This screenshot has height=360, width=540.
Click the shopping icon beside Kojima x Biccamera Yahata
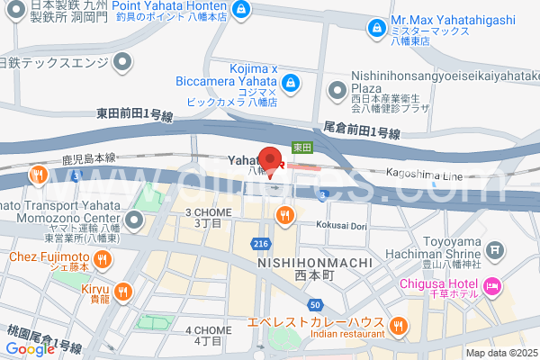(291, 84)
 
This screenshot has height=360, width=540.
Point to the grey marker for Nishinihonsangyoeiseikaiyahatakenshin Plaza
(337, 89)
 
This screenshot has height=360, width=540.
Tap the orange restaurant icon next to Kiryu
(123, 291)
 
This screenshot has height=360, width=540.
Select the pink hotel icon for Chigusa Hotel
(491, 287)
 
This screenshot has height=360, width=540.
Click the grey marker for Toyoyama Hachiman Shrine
(492, 247)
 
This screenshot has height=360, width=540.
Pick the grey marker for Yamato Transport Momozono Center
(134, 220)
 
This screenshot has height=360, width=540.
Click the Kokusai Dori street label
(341, 226)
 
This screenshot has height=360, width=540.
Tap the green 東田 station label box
(301, 146)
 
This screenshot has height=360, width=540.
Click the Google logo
(30, 349)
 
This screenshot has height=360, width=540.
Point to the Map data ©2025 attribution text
(499, 353)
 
